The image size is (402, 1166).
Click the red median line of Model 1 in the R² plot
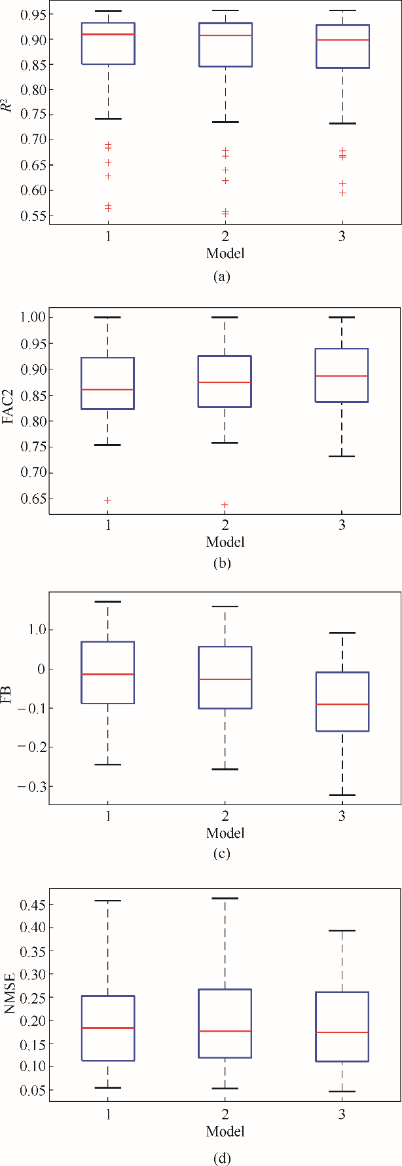(108, 34)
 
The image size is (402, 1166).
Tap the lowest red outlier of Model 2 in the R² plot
(225, 214)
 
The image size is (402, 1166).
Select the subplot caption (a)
(222, 276)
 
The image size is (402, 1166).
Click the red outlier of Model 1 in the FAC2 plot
(108, 500)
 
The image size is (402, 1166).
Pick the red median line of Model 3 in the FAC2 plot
(342, 376)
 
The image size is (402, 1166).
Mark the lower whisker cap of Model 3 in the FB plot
(342, 795)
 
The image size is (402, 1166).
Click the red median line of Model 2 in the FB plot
(225, 679)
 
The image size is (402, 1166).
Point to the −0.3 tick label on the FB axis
(29, 786)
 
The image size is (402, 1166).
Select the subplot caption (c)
(222, 854)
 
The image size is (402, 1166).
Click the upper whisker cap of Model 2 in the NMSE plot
(225, 898)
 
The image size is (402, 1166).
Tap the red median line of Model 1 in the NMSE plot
(108, 1028)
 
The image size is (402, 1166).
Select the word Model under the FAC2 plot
(225, 542)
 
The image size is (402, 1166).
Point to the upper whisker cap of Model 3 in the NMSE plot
(342, 930)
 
